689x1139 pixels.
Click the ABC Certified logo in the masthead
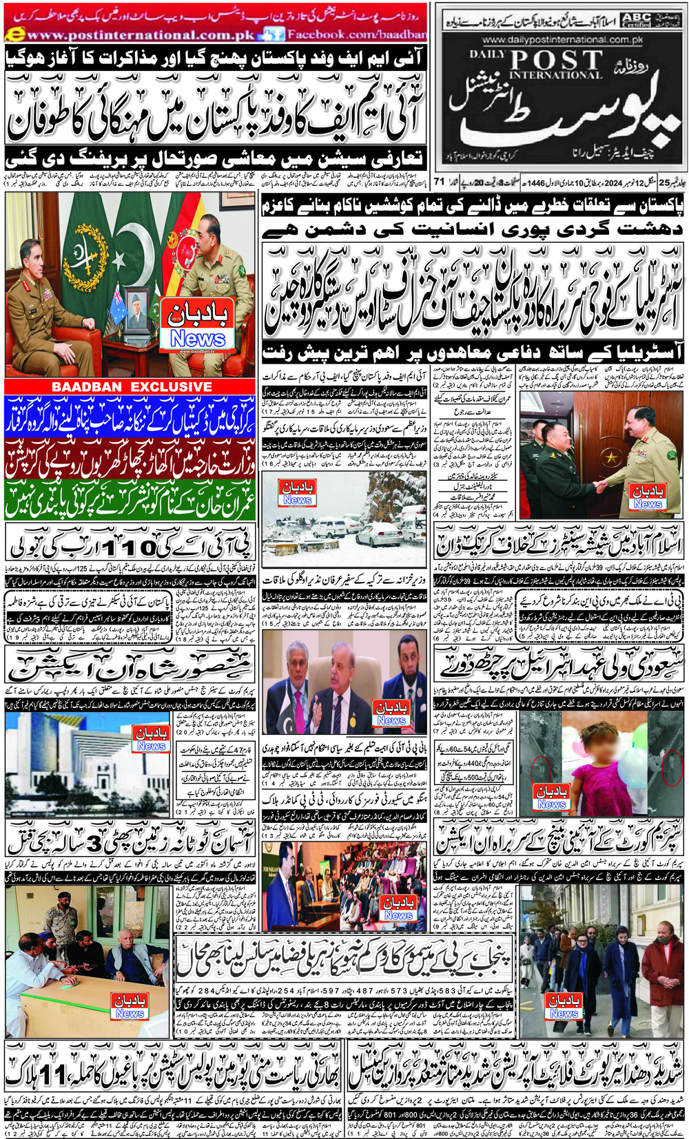click(x=635, y=19)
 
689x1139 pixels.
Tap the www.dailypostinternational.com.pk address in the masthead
click(x=562, y=40)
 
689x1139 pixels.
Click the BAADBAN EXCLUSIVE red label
click(x=132, y=387)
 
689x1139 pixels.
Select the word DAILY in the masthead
click(x=488, y=54)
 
